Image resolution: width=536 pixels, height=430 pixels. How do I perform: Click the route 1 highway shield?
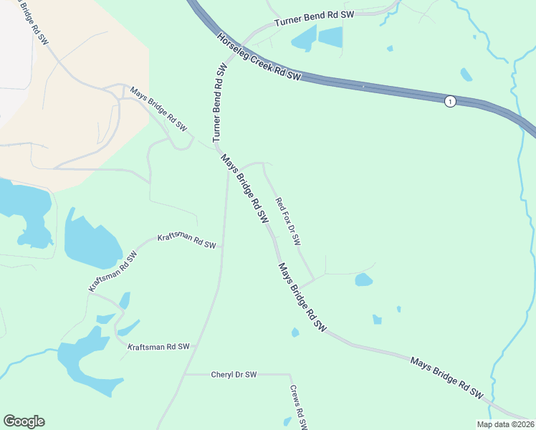click(x=449, y=102)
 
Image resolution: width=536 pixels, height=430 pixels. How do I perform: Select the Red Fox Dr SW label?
click(x=288, y=222)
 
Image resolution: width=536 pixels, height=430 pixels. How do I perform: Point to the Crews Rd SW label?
click(x=299, y=407)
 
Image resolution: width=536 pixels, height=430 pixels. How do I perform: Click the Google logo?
click(x=24, y=421)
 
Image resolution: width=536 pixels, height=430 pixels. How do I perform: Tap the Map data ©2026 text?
click(x=504, y=424)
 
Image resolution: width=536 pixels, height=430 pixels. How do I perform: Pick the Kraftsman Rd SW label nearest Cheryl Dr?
click(x=158, y=347)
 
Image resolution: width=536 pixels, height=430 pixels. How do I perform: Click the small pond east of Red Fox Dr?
click(x=364, y=279)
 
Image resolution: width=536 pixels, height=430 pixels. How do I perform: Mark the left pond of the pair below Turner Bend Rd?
click(x=303, y=38)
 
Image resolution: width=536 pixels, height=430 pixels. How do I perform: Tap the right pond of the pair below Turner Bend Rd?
click(x=330, y=37)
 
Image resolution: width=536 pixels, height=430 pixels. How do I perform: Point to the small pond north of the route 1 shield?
click(x=466, y=75)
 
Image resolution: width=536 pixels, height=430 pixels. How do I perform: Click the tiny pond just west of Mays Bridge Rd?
click(x=295, y=333)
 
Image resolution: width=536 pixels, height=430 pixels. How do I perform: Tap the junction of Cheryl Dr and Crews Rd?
click(x=290, y=374)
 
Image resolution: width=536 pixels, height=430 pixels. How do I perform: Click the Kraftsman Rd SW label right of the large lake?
click(x=187, y=240)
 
